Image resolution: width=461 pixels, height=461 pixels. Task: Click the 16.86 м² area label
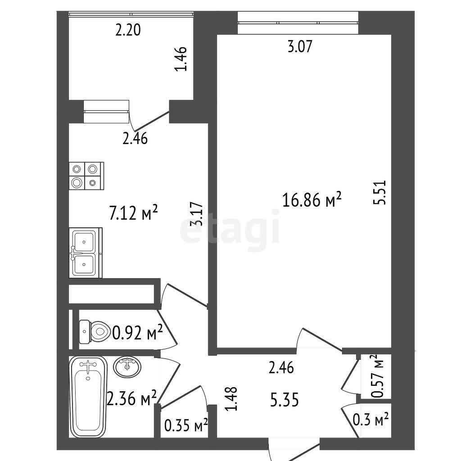point(312,199)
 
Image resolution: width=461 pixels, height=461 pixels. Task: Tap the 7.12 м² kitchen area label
point(133,212)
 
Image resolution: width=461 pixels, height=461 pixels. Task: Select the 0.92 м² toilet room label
point(138,333)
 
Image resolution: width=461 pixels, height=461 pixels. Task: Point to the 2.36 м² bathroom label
point(131,398)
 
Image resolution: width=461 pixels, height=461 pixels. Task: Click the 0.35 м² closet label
point(186,425)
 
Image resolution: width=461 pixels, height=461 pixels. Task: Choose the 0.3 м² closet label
point(371,420)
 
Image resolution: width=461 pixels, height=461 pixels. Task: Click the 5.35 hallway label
point(285,400)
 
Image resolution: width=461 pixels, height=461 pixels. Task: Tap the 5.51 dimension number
point(379,192)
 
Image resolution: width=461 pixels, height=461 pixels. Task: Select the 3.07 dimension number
point(299,46)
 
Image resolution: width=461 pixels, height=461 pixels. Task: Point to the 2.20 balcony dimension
point(128,30)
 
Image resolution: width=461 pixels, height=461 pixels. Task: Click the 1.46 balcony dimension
point(181,59)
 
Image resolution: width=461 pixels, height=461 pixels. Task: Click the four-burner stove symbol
point(86,176)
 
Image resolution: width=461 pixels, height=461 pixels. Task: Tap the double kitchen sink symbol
point(86,253)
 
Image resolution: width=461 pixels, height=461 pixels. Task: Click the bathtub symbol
point(88,397)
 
